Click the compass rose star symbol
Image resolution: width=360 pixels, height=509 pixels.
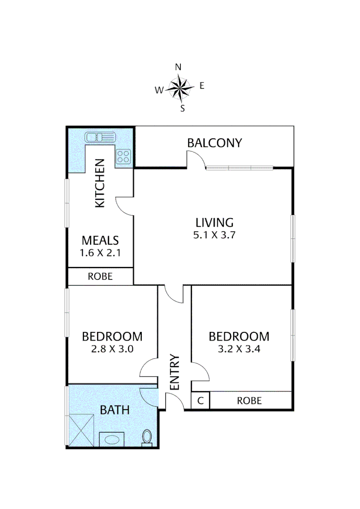180,88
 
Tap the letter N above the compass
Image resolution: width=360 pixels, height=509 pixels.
179,67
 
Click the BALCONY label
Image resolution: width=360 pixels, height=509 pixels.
214,143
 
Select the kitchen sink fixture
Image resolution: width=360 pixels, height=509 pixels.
100,138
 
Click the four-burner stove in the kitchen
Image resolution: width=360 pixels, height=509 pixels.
123,156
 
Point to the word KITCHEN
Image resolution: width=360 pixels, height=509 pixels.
100,183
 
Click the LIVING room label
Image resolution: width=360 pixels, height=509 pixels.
214,222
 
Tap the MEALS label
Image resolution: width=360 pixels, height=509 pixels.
100,240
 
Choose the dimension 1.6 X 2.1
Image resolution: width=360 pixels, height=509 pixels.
100,253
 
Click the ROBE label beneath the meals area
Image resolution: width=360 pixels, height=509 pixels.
100,277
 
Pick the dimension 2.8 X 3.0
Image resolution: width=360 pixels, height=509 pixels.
112,350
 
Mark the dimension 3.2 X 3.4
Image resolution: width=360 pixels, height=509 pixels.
239,350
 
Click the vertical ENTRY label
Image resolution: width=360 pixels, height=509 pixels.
174,372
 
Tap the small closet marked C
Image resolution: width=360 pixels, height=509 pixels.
200,401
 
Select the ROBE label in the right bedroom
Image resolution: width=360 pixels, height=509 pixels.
249,401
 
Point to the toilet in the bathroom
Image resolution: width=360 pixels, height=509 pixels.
147,437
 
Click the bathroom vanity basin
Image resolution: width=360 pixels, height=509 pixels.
112,439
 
